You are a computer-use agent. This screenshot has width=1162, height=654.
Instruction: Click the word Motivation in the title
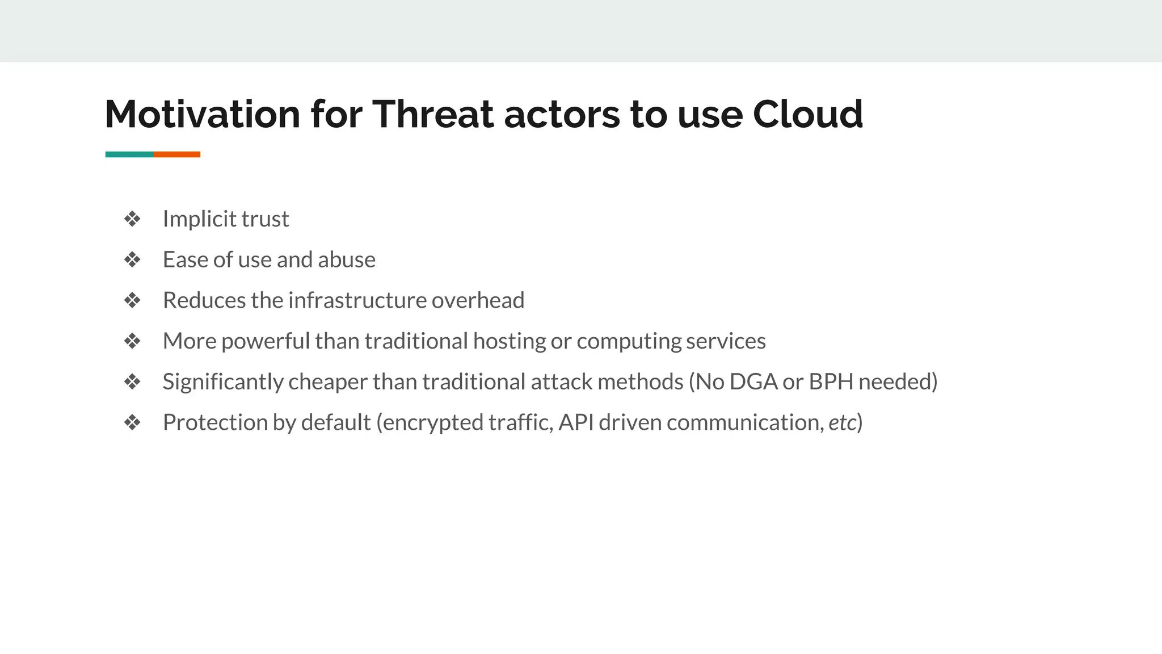(x=202, y=114)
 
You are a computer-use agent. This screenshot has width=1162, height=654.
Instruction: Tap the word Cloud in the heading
(x=807, y=114)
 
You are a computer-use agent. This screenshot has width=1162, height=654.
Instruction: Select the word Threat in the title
(x=433, y=114)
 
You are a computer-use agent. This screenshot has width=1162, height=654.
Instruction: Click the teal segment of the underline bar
(x=129, y=154)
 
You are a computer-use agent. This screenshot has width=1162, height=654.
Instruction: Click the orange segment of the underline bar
(x=176, y=154)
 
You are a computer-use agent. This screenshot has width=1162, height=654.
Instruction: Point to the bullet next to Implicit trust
(x=132, y=219)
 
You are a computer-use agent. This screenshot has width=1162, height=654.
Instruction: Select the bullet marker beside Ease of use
(x=132, y=260)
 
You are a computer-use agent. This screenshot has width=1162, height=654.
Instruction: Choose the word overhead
(x=478, y=300)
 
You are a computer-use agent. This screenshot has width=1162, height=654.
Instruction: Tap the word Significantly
(x=222, y=382)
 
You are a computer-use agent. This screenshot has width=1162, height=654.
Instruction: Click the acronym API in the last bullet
(x=576, y=423)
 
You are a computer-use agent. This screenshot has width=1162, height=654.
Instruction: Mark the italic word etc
(x=842, y=423)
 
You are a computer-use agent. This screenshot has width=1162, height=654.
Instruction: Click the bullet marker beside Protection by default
(x=132, y=423)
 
